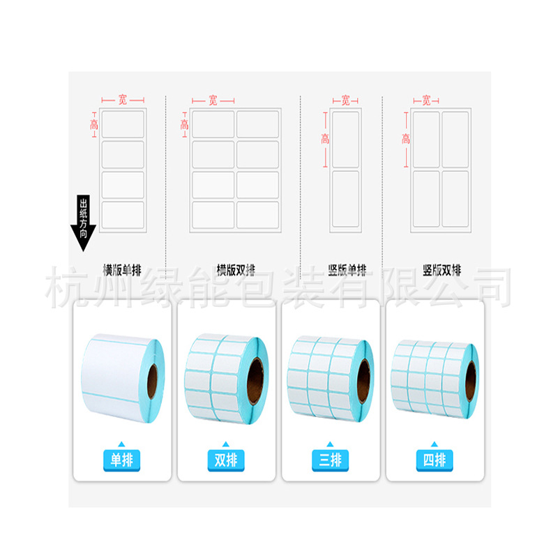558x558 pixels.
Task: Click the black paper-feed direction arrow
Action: pos(83,223)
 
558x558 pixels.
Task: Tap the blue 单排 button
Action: pos(122,459)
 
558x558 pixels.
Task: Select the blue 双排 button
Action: pos(226,459)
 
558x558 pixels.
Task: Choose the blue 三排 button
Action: pos(330,459)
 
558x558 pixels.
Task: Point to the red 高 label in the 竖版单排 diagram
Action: pos(325,139)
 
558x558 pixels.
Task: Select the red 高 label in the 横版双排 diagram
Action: pos(184,124)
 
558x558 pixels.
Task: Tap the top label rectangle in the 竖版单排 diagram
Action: pos(345,139)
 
